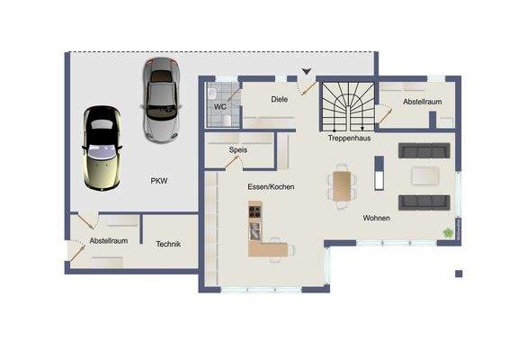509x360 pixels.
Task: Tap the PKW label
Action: [159, 181]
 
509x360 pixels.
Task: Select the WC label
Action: [219, 107]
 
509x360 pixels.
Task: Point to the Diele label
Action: [279, 99]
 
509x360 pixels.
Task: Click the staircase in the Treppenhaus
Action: [346, 106]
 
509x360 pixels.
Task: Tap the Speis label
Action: [238, 151]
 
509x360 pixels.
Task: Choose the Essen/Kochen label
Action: [272, 186]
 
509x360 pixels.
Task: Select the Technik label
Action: [168, 244]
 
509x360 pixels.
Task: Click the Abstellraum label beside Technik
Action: [108, 241]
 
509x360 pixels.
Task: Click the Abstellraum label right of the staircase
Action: [422, 103]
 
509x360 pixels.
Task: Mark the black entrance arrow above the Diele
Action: [307, 71]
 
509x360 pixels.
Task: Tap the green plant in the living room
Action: [447, 232]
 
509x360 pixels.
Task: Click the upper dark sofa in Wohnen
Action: [424, 150]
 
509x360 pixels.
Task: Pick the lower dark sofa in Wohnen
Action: [424, 202]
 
